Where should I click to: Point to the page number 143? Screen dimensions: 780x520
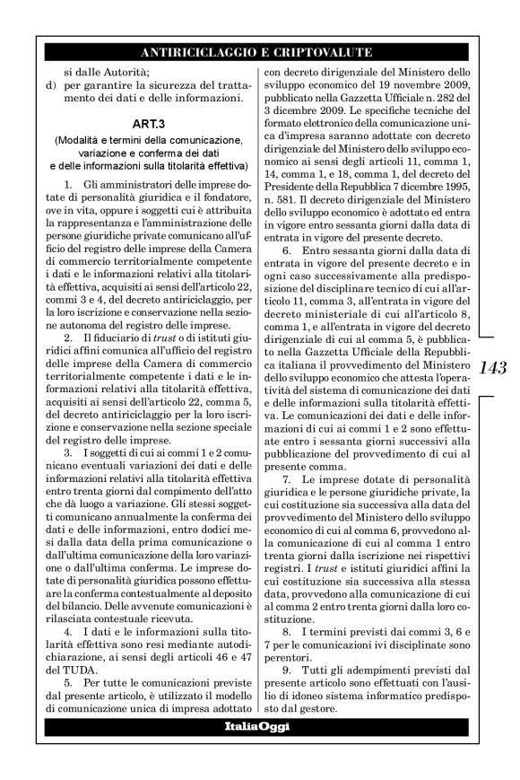pyautogui.click(x=494, y=367)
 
